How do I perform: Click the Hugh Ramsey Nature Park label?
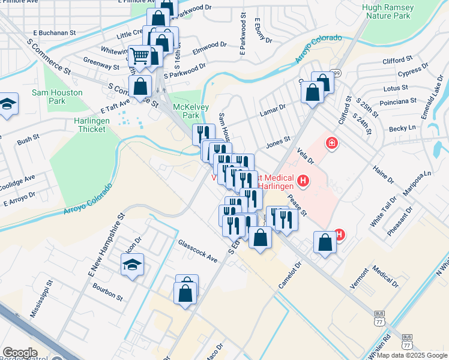tap(388, 13)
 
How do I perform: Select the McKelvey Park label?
tap(185, 110)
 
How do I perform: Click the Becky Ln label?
tap(402, 128)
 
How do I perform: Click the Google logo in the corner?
tap(20, 353)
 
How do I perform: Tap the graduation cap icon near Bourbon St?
tap(132, 264)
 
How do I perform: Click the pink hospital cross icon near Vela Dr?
tap(330, 143)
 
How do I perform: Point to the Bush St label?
tap(28, 141)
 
